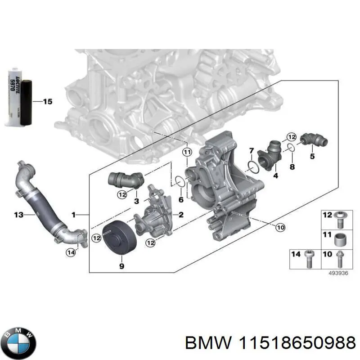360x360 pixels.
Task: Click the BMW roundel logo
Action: pos(18,341)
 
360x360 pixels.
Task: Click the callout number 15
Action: pos(47,102)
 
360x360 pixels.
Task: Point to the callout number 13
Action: pos(18,215)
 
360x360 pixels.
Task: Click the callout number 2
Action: pos(180,215)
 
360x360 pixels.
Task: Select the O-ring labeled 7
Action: pos(253,167)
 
